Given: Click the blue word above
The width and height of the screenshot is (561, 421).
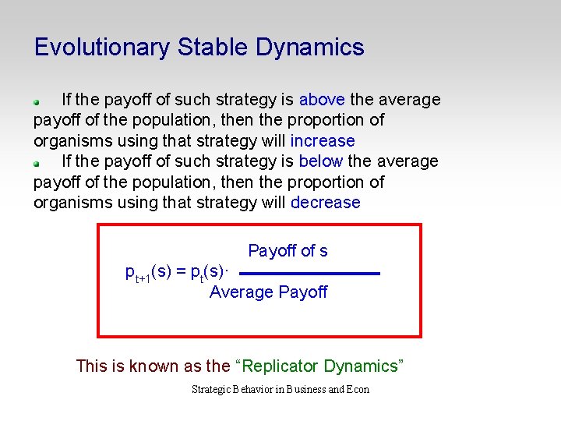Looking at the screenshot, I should click(323, 100).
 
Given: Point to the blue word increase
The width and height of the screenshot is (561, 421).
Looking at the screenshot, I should click(323, 141).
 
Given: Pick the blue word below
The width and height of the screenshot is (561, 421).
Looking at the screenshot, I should click(321, 161).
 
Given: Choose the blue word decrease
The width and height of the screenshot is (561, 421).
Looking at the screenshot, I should click(326, 203).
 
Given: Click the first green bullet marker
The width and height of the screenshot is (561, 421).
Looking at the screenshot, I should click(37, 101).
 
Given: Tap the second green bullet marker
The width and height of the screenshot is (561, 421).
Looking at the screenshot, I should click(37, 163).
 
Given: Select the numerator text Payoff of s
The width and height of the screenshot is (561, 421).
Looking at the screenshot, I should click(288, 251).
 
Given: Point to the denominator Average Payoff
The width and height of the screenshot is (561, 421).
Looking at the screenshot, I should click(268, 292).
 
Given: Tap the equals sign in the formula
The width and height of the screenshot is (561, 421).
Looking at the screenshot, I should click(181, 271).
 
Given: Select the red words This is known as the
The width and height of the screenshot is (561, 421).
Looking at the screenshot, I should click(153, 366).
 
